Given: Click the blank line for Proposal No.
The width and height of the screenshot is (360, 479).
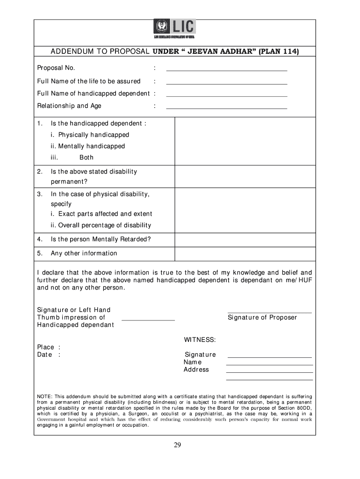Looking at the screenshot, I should pos(226,70).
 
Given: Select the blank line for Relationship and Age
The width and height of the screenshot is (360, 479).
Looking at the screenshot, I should pos(226,108).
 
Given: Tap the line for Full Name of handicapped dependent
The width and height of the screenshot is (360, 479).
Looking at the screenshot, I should pos(226,96).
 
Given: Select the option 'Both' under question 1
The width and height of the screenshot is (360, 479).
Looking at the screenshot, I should pos(86,158).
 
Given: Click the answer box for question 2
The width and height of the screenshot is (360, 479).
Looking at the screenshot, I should pos(245,176).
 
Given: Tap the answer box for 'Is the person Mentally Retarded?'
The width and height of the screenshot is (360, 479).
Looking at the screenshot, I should pos(245,240).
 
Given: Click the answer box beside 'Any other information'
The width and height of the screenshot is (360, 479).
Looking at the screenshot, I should pos(245,254).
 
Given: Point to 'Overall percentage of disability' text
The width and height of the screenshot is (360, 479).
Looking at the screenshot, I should pos(104,225).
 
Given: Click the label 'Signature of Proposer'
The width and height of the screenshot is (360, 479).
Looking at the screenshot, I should pos(262,318).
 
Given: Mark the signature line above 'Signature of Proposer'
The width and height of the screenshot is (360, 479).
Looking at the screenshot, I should pos(269,312).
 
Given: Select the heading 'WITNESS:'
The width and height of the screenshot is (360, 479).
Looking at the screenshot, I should pos(200,340).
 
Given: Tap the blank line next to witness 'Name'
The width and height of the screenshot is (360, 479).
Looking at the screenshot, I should pos(269,364).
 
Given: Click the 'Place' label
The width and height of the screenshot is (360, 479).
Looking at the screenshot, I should pos(45,347).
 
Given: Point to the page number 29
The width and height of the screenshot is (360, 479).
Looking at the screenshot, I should pos(177,445).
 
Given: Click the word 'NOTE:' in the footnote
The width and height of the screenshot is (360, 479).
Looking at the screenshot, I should pos(45,397).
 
